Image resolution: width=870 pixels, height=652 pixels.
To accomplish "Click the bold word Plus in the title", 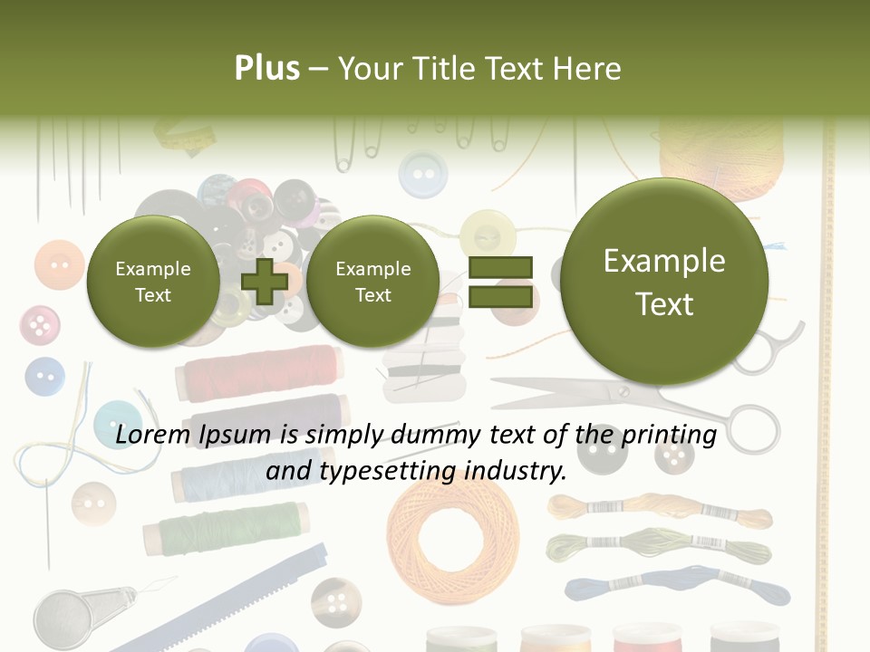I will pyautogui.click(x=266, y=68).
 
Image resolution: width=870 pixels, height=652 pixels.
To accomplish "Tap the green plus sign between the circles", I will pyautogui.click(x=265, y=281).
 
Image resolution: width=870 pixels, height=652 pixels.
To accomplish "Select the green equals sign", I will pyautogui.click(x=500, y=282).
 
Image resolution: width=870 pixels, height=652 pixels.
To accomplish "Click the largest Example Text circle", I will pyautogui.click(x=664, y=282).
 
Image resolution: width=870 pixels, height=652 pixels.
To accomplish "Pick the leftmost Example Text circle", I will pyautogui.click(x=152, y=282).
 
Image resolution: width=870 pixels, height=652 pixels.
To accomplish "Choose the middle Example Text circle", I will pyautogui.click(x=372, y=282).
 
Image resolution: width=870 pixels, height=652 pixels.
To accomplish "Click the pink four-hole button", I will pyautogui.click(x=39, y=325).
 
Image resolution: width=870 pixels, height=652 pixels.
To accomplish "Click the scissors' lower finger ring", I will pyautogui.click(x=754, y=428).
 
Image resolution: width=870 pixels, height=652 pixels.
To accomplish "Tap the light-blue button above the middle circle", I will pyautogui.click(x=422, y=173).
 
